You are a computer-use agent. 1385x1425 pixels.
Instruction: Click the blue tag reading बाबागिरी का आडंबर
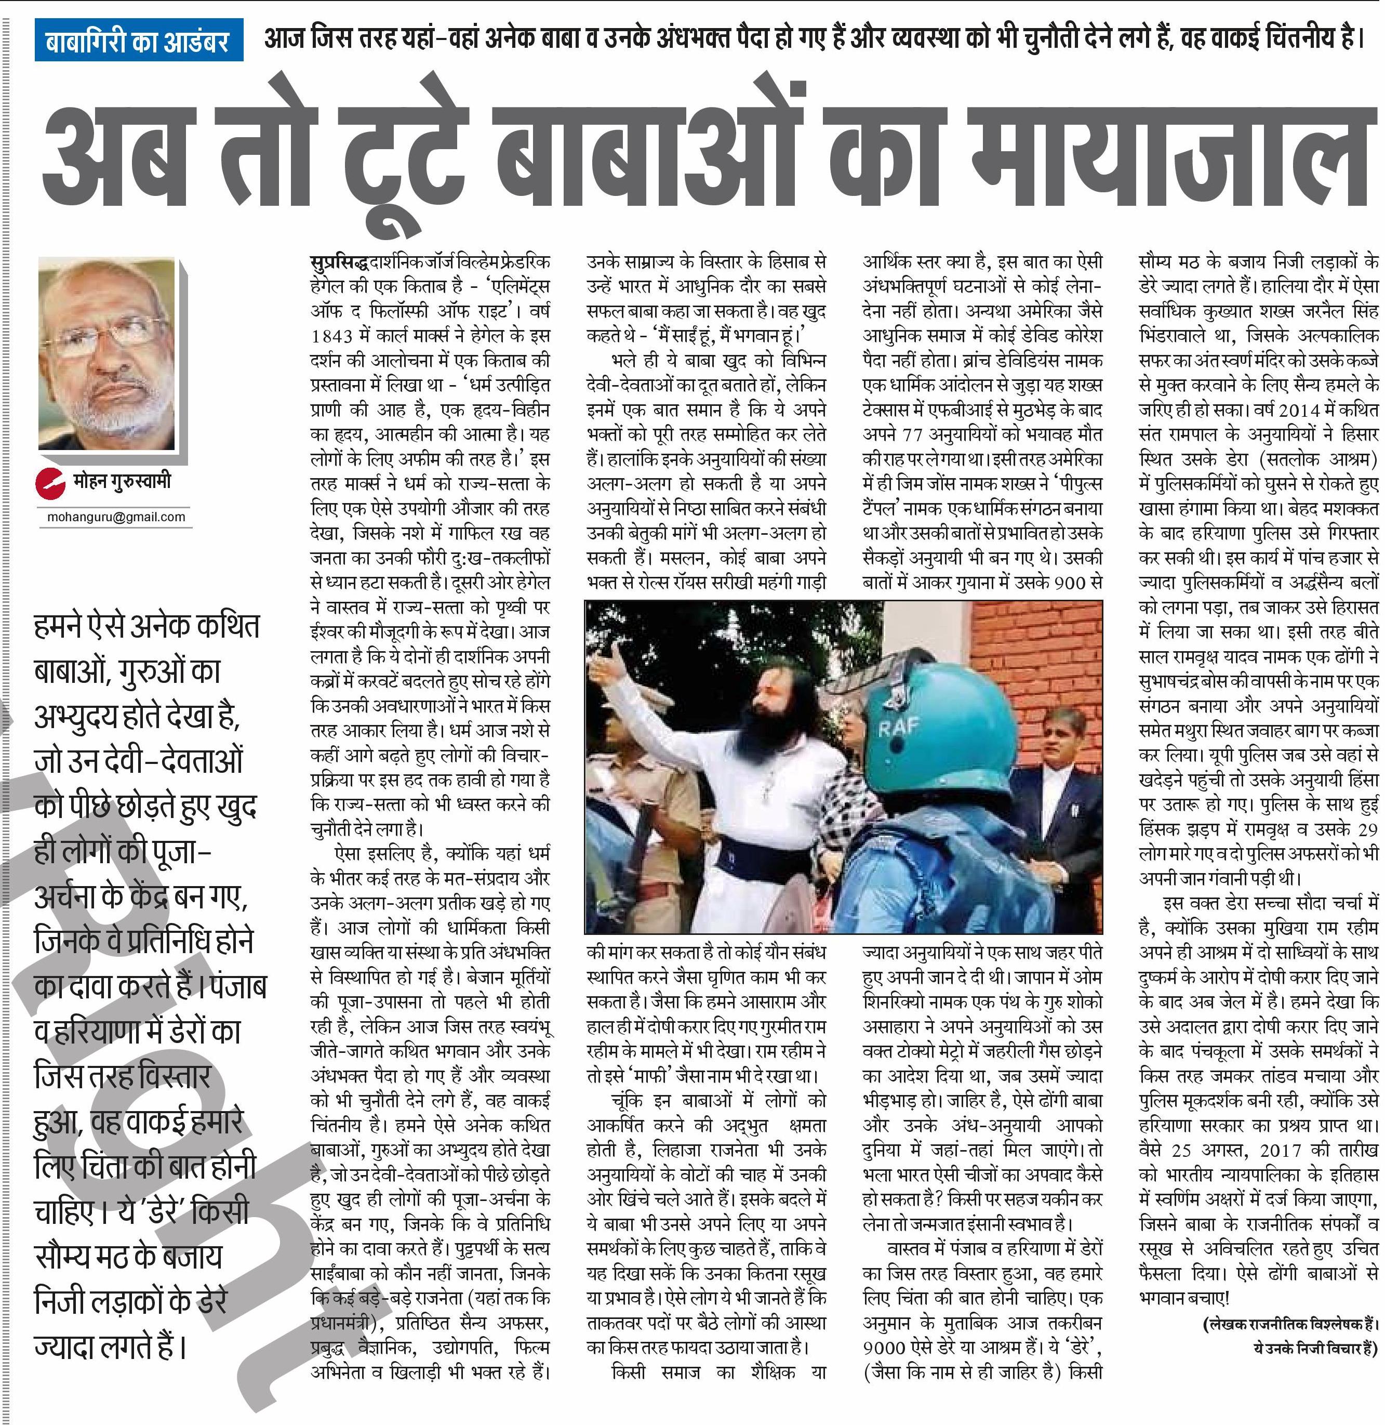pos(137,42)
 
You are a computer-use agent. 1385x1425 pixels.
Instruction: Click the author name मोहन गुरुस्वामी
pos(122,482)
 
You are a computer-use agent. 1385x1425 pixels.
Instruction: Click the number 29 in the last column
pos(1367,829)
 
